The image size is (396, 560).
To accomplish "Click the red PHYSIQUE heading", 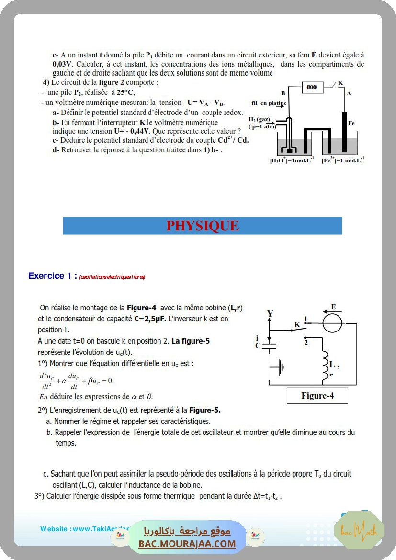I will tap(202, 226).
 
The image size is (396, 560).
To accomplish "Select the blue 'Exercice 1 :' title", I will tap(53, 276).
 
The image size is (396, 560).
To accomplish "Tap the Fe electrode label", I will tap(351, 123).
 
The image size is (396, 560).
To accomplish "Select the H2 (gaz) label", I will tap(259, 119).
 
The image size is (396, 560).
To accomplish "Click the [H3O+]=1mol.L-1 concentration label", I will tap(292, 160).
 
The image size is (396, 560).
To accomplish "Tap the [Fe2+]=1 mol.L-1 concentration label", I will tap(343, 160).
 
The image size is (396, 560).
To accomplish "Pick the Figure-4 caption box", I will tap(317, 396).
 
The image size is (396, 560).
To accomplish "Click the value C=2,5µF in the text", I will tap(150, 319).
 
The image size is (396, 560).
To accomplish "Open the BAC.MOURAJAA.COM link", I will tap(187, 543).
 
